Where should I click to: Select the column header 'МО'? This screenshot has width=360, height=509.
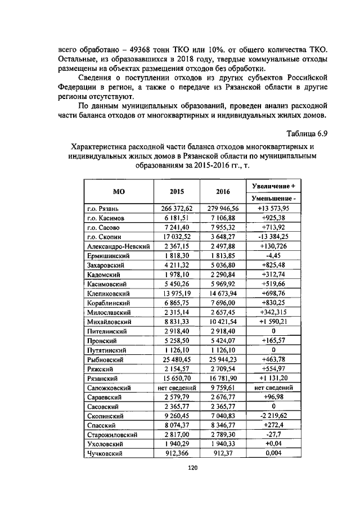pyautogui.click(x=119, y=191)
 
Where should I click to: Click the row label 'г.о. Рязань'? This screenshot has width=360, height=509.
pyautogui.click(x=102, y=208)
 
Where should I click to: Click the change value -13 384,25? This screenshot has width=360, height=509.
pyautogui.click(x=273, y=237)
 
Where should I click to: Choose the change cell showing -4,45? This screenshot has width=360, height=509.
pyautogui.click(x=273, y=256)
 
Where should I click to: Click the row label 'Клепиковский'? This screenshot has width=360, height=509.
pyautogui.click(x=109, y=294)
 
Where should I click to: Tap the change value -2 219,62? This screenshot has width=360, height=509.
pyautogui.click(x=273, y=416)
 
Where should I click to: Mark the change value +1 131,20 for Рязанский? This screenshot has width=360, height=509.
pyautogui.click(x=273, y=378)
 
